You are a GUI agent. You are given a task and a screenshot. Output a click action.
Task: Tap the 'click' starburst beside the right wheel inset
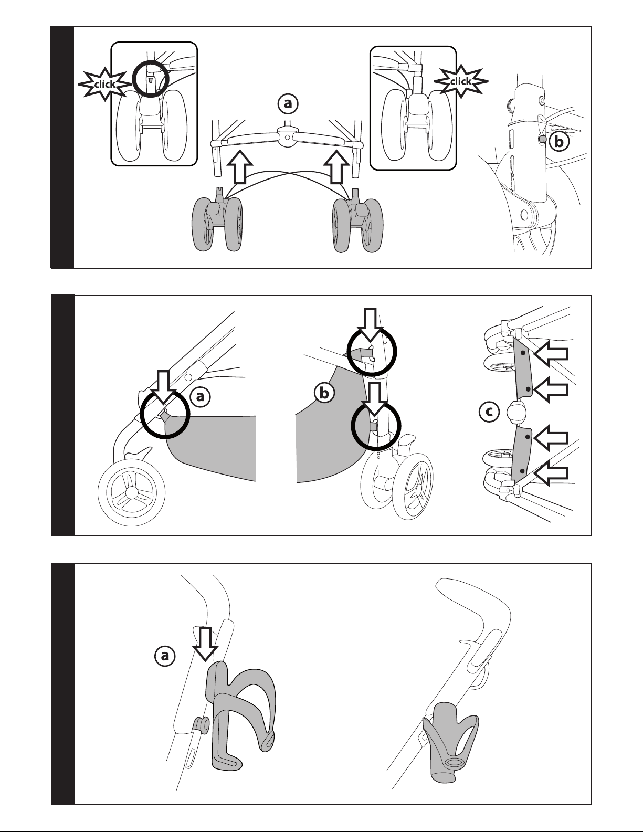click(x=461, y=81)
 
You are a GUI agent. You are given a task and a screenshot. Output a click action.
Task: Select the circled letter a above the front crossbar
click(x=288, y=104)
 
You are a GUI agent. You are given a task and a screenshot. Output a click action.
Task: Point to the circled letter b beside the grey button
click(x=559, y=142)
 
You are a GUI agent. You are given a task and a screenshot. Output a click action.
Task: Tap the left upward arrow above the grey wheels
click(x=240, y=166)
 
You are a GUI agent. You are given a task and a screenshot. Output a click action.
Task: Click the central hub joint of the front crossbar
click(x=287, y=137)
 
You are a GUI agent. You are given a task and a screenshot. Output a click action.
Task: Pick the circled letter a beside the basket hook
click(x=200, y=397)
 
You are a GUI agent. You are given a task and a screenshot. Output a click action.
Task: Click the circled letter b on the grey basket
click(x=324, y=393)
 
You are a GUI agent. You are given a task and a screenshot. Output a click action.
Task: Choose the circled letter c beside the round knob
click(x=489, y=412)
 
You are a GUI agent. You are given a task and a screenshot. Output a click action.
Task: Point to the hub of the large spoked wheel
click(x=131, y=492)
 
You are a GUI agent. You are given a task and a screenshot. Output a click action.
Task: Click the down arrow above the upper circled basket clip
click(x=370, y=325)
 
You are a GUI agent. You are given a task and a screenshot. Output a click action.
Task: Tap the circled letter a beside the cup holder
click(x=165, y=656)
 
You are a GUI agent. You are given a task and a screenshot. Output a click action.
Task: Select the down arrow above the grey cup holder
click(x=205, y=644)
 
